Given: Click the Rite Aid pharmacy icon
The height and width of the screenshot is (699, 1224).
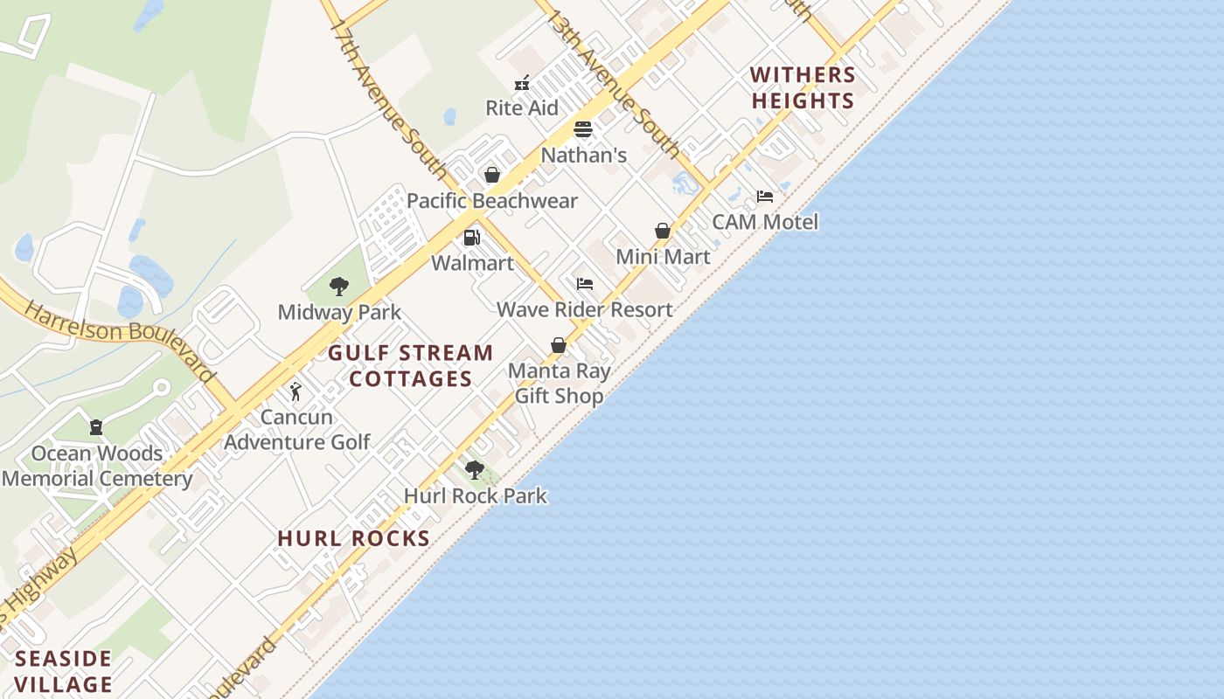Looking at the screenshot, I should tap(522, 84).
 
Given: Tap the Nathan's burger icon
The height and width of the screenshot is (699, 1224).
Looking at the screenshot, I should tap(583, 130).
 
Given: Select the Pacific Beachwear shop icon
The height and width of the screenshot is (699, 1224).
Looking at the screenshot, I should tap(492, 176).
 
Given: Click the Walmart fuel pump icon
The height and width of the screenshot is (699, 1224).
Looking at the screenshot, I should tap(472, 238).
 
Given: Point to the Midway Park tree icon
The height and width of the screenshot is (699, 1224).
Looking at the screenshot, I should tap(339, 287).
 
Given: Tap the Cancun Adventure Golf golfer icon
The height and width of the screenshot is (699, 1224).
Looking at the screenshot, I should tap(296, 391).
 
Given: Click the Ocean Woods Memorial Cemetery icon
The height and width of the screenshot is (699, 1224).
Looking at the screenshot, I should tap(96, 427).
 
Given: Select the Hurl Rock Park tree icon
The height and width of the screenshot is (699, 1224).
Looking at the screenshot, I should tap(475, 470).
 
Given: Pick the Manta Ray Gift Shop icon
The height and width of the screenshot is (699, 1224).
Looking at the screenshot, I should tap(559, 346).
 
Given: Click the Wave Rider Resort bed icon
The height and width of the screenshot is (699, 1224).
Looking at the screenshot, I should tap(585, 284).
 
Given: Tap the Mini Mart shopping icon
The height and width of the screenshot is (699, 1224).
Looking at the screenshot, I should tap(663, 232).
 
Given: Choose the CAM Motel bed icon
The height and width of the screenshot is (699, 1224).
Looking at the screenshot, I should tap(765, 197).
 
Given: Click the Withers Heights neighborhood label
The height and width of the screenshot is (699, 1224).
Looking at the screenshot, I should tap(803, 88).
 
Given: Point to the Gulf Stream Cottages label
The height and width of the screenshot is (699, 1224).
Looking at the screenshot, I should tap(410, 366).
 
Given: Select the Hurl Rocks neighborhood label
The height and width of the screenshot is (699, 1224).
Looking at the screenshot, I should tap(353, 538).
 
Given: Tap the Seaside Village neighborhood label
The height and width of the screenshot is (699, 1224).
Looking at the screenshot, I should tap(64, 671).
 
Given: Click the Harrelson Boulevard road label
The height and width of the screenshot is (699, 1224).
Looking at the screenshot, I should tap(120, 340).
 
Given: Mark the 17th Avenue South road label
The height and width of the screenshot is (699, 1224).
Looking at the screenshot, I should tap(389, 96).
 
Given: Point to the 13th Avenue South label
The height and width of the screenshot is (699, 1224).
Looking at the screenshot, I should tap(614, 84).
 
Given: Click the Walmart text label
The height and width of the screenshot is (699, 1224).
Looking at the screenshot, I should tap(472, 263).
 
